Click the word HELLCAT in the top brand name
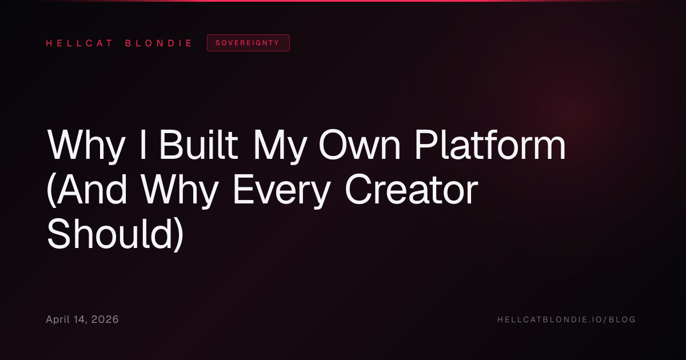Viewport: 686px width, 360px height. (x=79, y=43)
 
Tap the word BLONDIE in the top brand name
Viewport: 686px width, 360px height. (x=158, y=43)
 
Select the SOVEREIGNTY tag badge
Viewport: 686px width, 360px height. (x=248, y=43)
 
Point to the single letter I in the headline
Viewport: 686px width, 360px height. (x=143, y=144)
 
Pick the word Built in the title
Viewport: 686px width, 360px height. (x=198, y=144)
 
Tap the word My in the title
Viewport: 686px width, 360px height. (x=280, y=147)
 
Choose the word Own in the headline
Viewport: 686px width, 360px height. (x=360, y=145)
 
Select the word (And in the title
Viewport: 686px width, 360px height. (x=87, y=189)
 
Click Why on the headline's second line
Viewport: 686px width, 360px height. (x=180, y=191)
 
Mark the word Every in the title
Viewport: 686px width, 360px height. (x=282, y=191)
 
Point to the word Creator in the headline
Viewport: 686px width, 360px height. (x=411, y=190)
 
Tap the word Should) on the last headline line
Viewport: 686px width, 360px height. (x=115, y=234)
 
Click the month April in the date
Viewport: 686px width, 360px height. (x=58, y=320)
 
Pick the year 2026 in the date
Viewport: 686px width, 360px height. (x=105, y=319)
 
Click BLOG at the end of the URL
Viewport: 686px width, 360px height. (x=622, y=319)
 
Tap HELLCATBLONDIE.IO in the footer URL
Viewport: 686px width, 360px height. (x=550, y=319)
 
